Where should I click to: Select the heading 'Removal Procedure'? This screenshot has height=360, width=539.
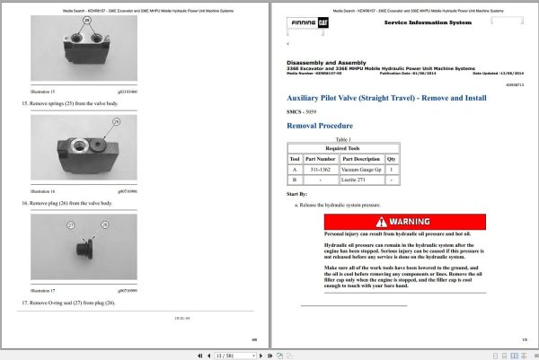[319, 126]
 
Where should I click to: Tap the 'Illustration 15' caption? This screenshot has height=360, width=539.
[43, 92]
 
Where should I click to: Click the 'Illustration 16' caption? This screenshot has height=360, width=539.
[43, 191]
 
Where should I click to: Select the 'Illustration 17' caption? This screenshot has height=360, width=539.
[43, 291]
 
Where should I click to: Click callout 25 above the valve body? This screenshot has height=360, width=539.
[88, 19]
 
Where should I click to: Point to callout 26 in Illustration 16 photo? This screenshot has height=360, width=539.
[115, 120]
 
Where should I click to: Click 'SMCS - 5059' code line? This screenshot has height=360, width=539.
[305, 110]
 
